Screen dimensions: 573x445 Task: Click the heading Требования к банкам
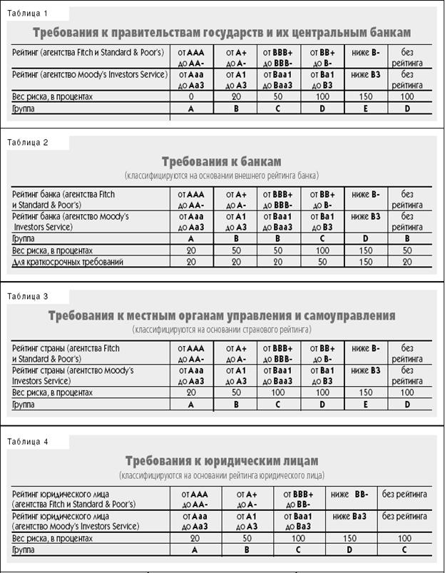[x=221, y=161]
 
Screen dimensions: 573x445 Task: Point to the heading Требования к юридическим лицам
[x=221, y=461]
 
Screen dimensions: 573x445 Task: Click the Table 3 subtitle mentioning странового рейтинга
[x=221, y=330]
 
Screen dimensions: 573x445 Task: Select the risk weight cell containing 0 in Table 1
[x=191, y=96]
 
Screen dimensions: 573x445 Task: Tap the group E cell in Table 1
[x=366, y=108]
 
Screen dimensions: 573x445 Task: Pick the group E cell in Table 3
[x=366, y=405]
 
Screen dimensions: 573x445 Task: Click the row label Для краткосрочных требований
[x=68, y=262]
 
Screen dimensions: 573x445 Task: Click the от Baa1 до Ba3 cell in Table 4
[x=300, y=520]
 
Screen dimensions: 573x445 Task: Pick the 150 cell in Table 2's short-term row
[x=366, y=262]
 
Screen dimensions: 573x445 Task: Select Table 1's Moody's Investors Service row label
[x=88, y=73]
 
